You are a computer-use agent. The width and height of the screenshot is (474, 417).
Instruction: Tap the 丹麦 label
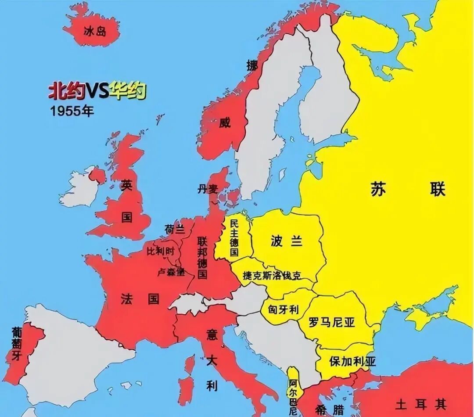[208, 190]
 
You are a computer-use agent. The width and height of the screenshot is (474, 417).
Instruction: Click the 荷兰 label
[175, 230]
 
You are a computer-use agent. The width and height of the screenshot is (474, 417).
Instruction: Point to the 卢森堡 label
[171, 272]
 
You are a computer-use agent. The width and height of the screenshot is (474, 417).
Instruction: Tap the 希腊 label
[329, 410]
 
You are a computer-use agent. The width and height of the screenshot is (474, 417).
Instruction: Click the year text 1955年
[72, 111]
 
